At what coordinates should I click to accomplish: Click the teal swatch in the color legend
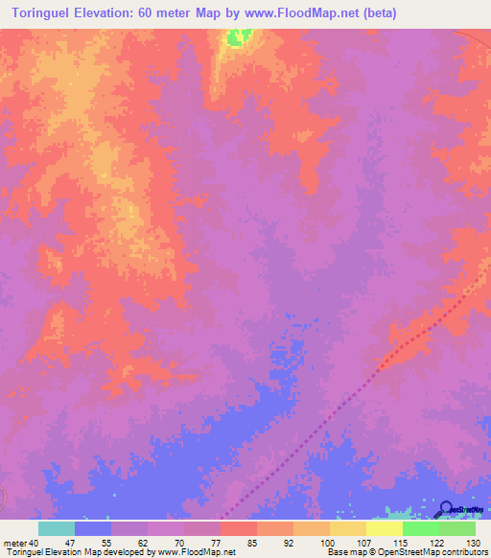[57, 528]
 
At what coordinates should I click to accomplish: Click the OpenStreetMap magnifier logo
[445, 508]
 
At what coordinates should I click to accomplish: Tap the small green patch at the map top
[238, 37]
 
